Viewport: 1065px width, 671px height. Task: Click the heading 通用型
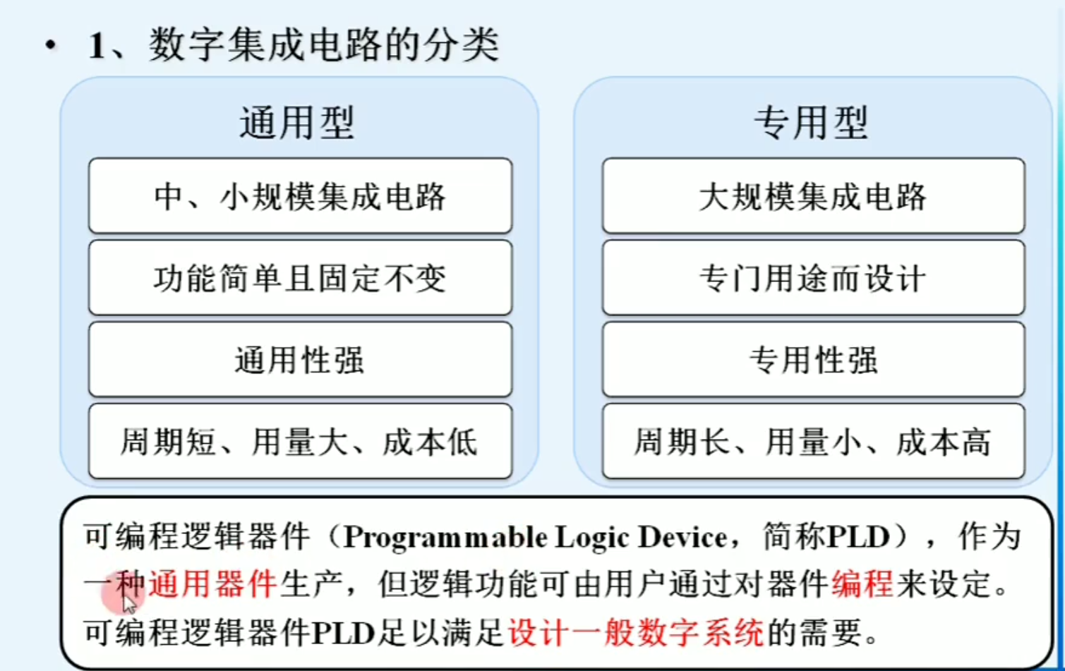[x=296, y=123]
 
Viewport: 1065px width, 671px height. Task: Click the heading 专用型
[x=811, y=123]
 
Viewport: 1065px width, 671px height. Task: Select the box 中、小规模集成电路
[x=300, y=196]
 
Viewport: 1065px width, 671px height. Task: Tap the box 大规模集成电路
[x=813, y=196]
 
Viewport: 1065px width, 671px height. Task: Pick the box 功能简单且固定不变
[x=300, y=278]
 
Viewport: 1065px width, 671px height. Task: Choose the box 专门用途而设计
[x=813, y=278]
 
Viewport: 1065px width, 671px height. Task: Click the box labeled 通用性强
[x=300, y=360]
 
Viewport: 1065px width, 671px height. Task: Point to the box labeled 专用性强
[x=813, y=360]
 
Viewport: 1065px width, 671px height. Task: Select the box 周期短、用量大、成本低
[x=300, y=442]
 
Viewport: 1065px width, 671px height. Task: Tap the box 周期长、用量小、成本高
[x=813, y=442]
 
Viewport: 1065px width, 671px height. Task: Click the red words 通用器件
[x=212, y=584]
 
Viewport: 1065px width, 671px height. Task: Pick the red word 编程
[x=862, y=584]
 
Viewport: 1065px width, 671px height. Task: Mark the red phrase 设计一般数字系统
[x=636, y=632]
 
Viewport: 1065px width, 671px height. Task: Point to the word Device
[x=682, y=538]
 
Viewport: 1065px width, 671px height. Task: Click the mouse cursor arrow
[x=128, y=604]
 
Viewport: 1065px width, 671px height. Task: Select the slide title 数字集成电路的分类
[x=324, y=45]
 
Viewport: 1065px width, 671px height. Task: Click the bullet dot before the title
[x=50, y=47]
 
